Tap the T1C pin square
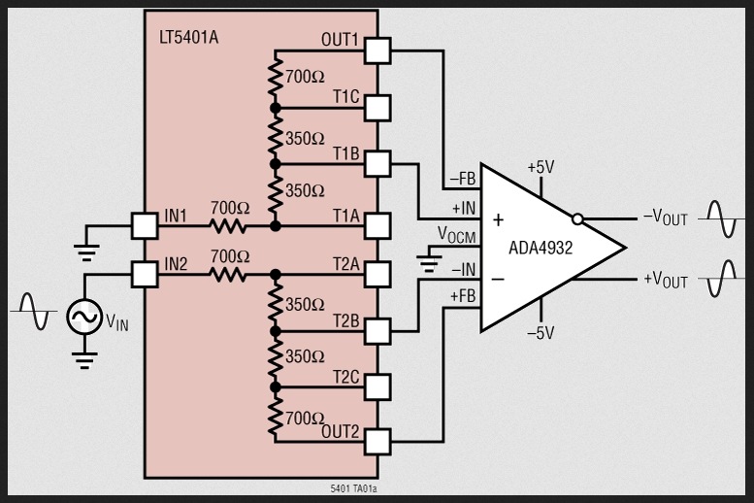[377, 106]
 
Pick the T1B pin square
[377, 162]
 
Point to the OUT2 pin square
[377, 442]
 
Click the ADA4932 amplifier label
[541, 248]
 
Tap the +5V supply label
[541, 167]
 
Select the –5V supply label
[541, 332]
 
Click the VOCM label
[456, 235]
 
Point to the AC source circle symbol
[83, 317]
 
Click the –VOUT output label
[665, 218]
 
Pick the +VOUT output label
[665, 281]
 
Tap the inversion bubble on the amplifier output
[578, 218]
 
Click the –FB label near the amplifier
[461, 180]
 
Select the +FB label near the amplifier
[461, 294]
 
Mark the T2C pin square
[377, 386]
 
